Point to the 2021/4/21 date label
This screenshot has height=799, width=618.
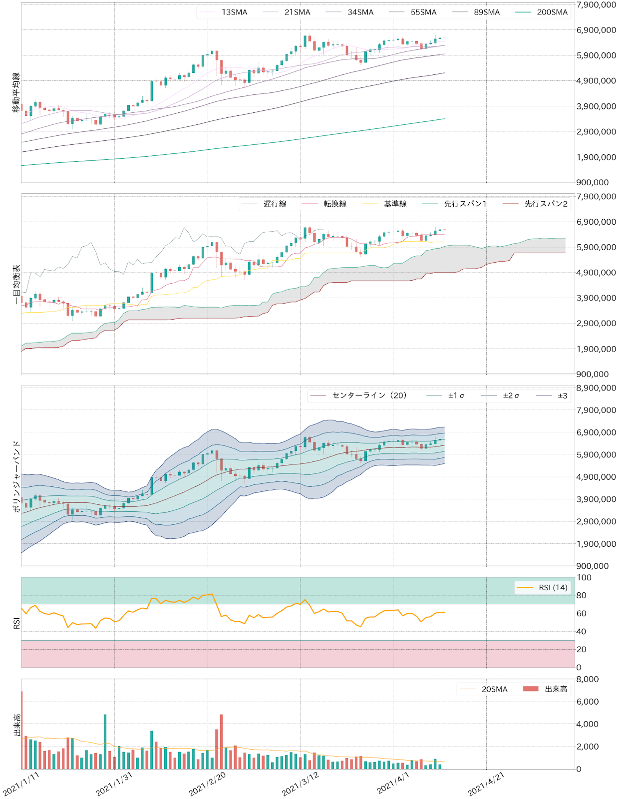tap(486, 784)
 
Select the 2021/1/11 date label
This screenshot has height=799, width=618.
tap(21, 784)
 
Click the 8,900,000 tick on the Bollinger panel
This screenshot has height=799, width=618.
tap(596, 388)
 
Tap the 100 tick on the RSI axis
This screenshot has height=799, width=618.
tap(584, 577)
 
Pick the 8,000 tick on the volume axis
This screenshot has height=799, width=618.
tap(588, 679)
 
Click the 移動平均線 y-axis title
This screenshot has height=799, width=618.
tap(16, 92)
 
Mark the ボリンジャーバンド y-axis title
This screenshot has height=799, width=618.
tap(16, 476)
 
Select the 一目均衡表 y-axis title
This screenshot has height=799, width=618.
tap(16, 284)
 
